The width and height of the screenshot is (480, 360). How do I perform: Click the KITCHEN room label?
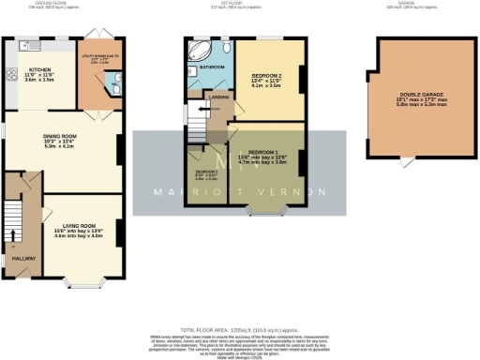pyautogui.click(x=39, y=68)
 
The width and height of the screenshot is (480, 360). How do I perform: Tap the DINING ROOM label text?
pyautogui.click(x=59, y=137)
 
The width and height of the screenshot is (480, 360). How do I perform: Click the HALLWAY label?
pyautogui.click(x=22, y=258)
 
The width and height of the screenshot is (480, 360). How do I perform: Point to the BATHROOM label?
pyautogui.click(x=210, y=67)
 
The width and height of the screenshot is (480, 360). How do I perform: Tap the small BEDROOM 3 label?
pyautogui.click(x=206, y=172)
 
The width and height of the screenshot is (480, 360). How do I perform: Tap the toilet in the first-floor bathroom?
pyautogui.click(x=228, y=48)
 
